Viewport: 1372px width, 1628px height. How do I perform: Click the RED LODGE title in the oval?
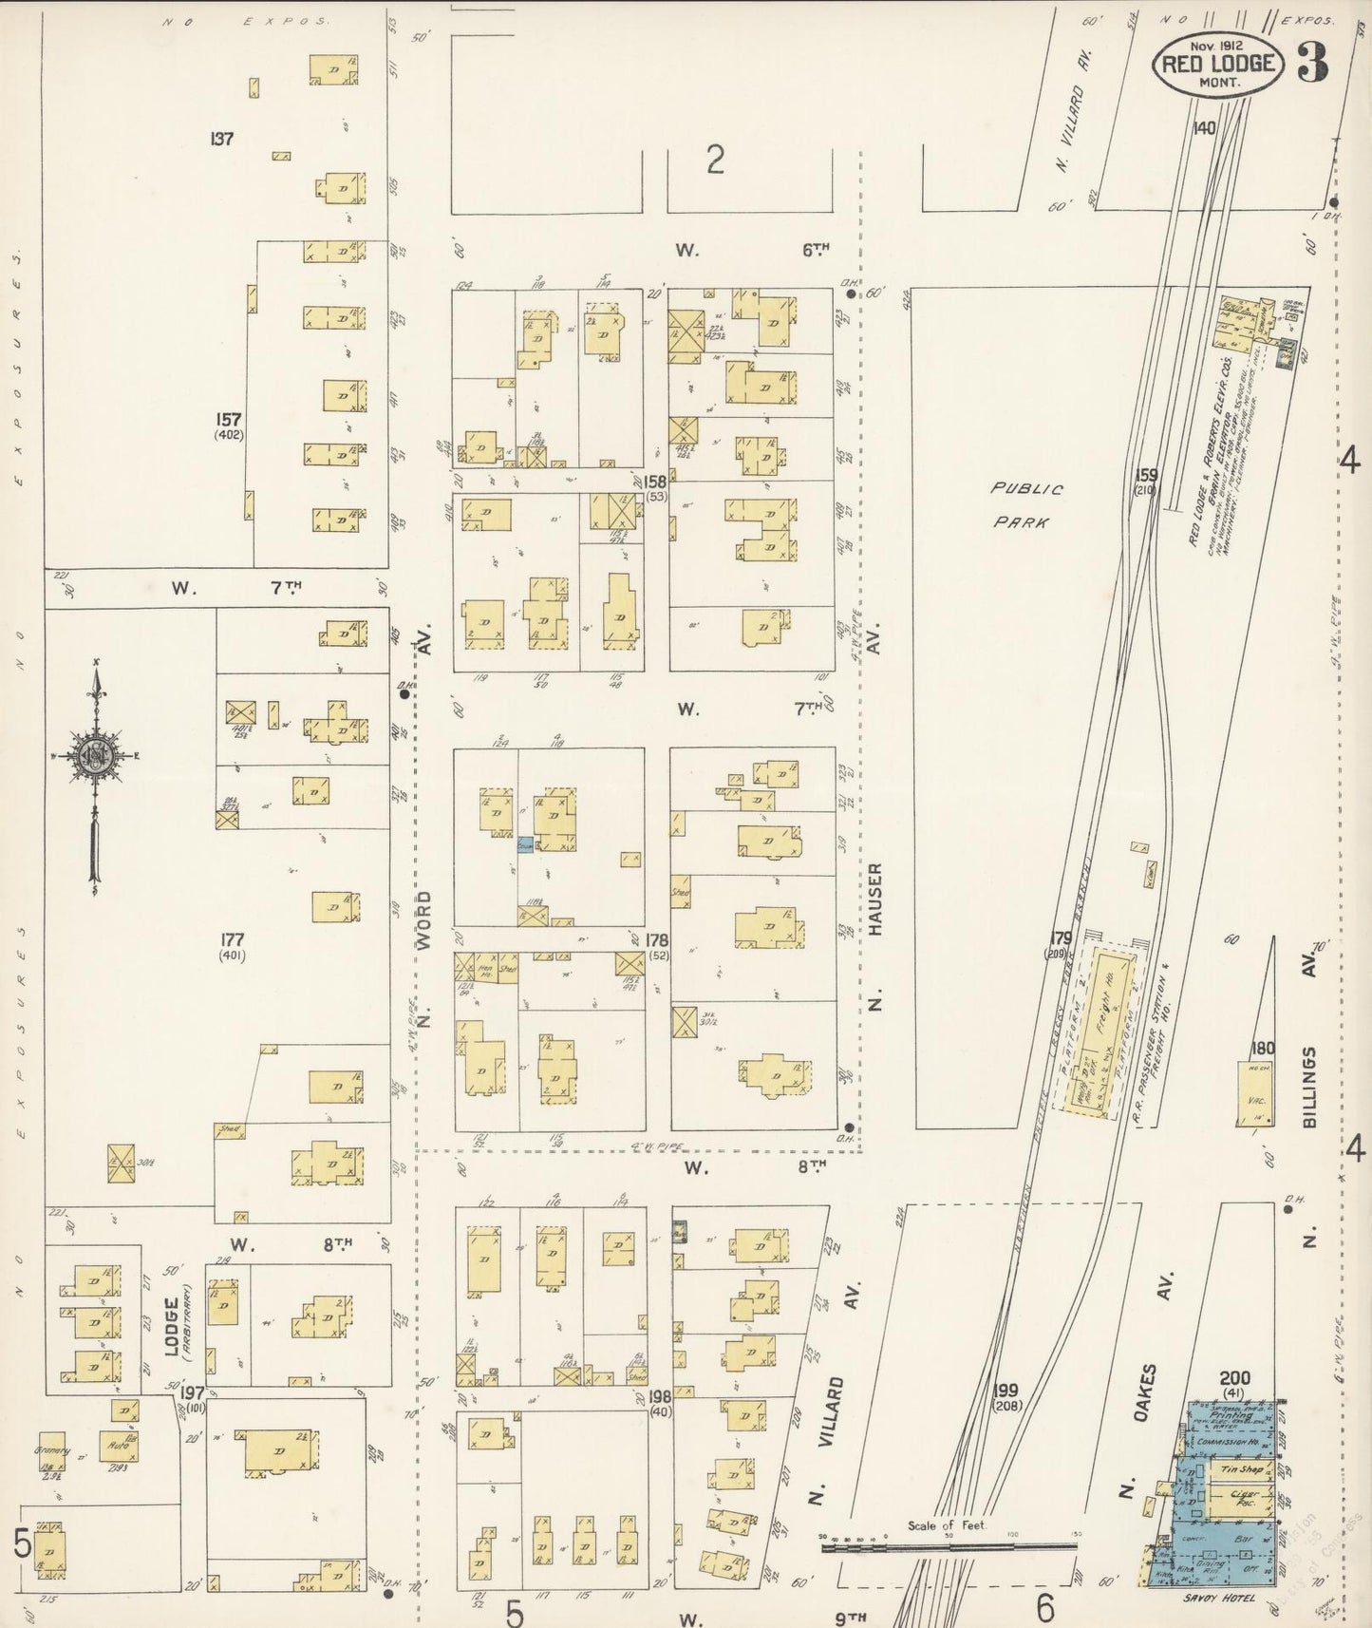click(x=1220, y=65)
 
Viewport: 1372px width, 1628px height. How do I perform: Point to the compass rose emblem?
click(x=96, y=754)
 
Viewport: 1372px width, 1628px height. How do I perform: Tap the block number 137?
click(x=222, y=139)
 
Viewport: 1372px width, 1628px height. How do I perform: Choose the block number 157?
click(x=229, y=419)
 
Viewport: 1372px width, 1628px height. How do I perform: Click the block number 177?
click(x=232, y=939)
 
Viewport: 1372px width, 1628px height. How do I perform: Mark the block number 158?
click(x=655, y=483)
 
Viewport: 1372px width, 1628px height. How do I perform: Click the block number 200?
click(x=1234, y=1378)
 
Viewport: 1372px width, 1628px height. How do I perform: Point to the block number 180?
click(x=1262, y=1049)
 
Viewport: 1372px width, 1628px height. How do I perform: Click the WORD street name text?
click(x=424, y=921)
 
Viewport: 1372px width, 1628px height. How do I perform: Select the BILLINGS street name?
click(x=1310, y=1087)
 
